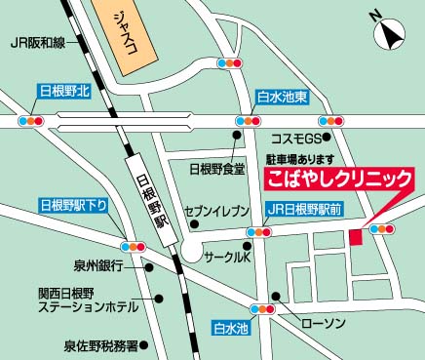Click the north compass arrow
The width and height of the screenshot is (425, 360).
[391, 34]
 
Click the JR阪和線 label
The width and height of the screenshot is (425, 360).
[38, 43]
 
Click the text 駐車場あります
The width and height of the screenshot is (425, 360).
[300, 159]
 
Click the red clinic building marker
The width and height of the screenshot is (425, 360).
[356, 237]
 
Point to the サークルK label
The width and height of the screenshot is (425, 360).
[227, 258]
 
